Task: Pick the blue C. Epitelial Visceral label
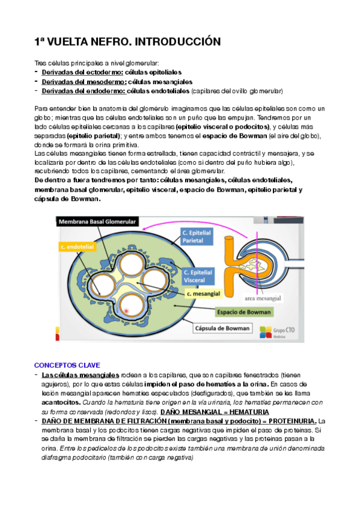coord(198,277)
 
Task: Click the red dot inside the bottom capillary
coord(126,310)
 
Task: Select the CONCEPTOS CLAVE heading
coord(67,365)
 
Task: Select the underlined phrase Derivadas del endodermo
coord(83,91)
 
